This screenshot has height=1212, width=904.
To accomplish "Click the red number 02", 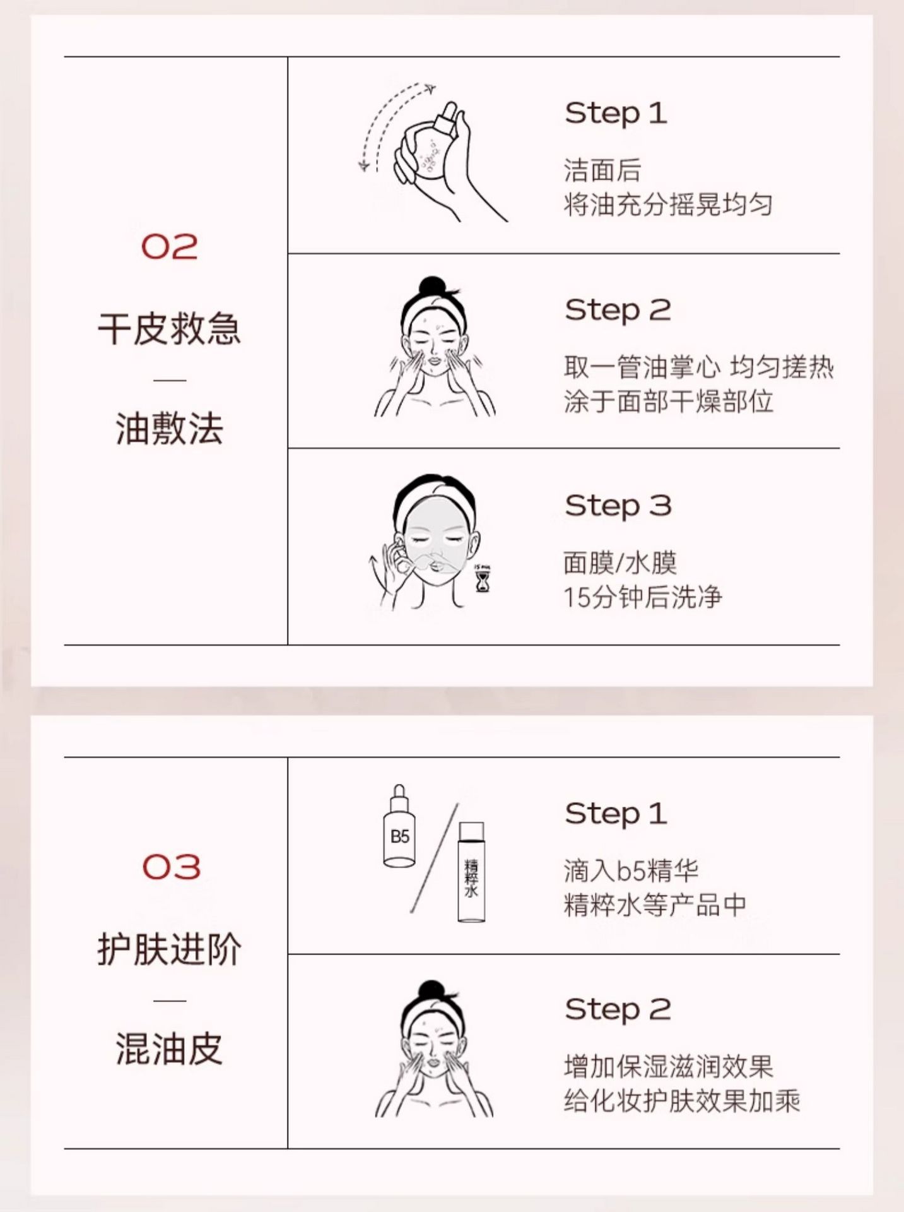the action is click(x=169, y=246).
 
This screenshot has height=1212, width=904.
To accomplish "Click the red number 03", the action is click(x=171, y=867).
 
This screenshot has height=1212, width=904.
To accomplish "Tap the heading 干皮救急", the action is click(x=169, y=328).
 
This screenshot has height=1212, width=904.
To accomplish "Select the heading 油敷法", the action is click(x=169, y=429).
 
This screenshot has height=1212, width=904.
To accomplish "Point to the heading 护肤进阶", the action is click(x=169, y=949).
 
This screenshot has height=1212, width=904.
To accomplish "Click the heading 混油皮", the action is click(x=169, y=1049).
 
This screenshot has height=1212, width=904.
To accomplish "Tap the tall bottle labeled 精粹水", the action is click(x=471, y=872).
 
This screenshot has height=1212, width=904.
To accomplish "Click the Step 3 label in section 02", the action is click(x=618, y=506).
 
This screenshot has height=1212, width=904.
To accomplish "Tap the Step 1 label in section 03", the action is click(x=616, y=814).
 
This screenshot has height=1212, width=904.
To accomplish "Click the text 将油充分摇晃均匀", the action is click(x=668, y=205).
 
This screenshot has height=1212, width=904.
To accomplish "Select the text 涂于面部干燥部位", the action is click(x=668, y=401).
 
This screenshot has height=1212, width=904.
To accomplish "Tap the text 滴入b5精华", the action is click(x=631, y=871).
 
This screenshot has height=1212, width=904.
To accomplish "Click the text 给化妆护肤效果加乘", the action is click(x=682, y=1101).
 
